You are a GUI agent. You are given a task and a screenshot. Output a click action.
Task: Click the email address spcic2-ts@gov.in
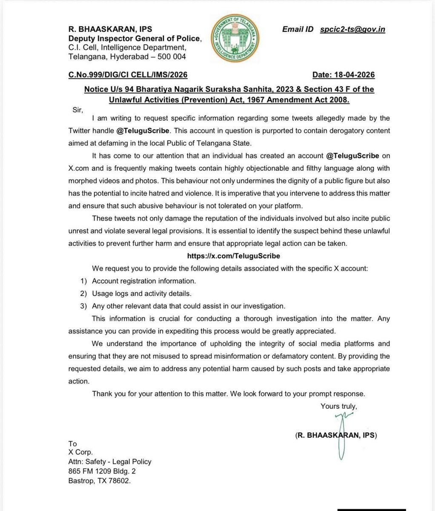(353, 29)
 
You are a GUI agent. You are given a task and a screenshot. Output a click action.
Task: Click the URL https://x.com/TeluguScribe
(233, 256)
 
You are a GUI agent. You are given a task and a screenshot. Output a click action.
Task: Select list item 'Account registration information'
(144, 281)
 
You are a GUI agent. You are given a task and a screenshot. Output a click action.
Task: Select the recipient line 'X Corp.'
(80, 453)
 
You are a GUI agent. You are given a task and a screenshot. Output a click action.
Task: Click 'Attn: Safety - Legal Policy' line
(110, 462)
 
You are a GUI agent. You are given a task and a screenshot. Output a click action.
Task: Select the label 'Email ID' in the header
(298, 29)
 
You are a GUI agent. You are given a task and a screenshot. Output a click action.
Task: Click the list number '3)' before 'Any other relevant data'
(84, 306)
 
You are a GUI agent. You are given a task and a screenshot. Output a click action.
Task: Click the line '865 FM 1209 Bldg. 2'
(102, 472)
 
